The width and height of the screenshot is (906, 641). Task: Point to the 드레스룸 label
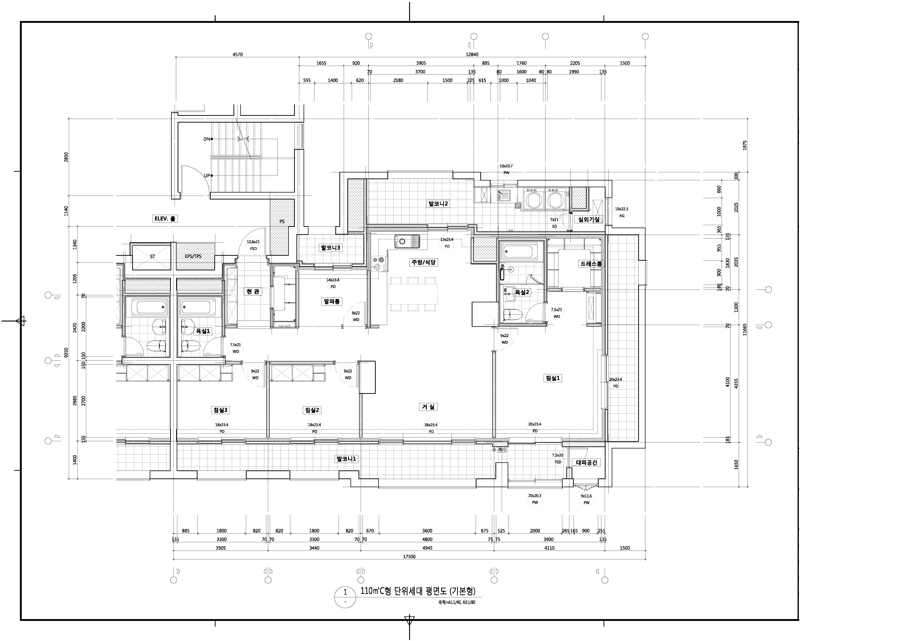point(591,264)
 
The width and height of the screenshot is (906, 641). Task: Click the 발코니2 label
point(438,204)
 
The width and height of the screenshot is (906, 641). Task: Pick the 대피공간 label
point(587,463)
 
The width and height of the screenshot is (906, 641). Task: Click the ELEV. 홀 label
point(165,218)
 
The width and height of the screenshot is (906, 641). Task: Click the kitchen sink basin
point(402,241)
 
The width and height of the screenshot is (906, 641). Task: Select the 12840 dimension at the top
point(472,54)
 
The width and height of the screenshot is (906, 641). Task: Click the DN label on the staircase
point(207,139)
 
